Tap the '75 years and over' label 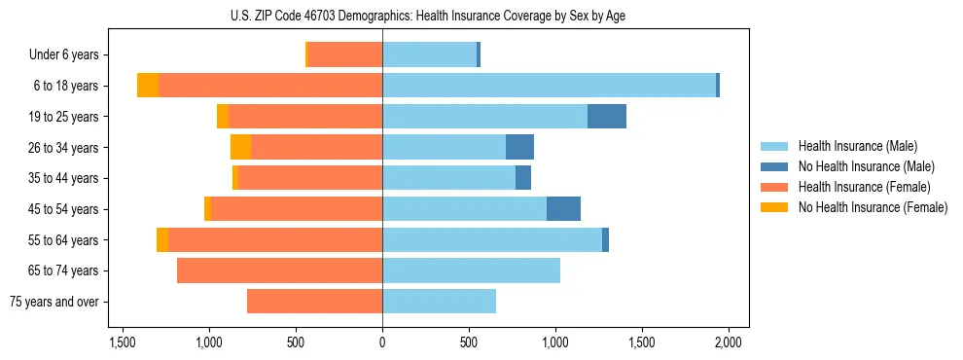(x=54, y=302)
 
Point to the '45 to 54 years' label (x=61, y=209)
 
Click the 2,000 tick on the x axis (x=729, y=342)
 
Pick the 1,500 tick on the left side (x=123, y=342)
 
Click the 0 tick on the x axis (x=382, y=342)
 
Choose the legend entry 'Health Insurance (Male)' (x=858, y=146)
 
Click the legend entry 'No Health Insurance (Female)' (x=873, y=207)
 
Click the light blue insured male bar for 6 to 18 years (x=549, y=86)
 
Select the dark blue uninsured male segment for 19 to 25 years (x=607, y=117)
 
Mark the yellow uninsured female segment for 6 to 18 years (x=148, y=86)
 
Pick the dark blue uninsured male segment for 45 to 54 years (x=563, y=209)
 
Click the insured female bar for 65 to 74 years (x=280, y=270)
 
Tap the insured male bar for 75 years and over (x=439, y=302)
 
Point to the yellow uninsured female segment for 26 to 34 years (x=240, y=147)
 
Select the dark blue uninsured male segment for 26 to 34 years (x=519, y=147)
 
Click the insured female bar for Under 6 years (x=345, y=55)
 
